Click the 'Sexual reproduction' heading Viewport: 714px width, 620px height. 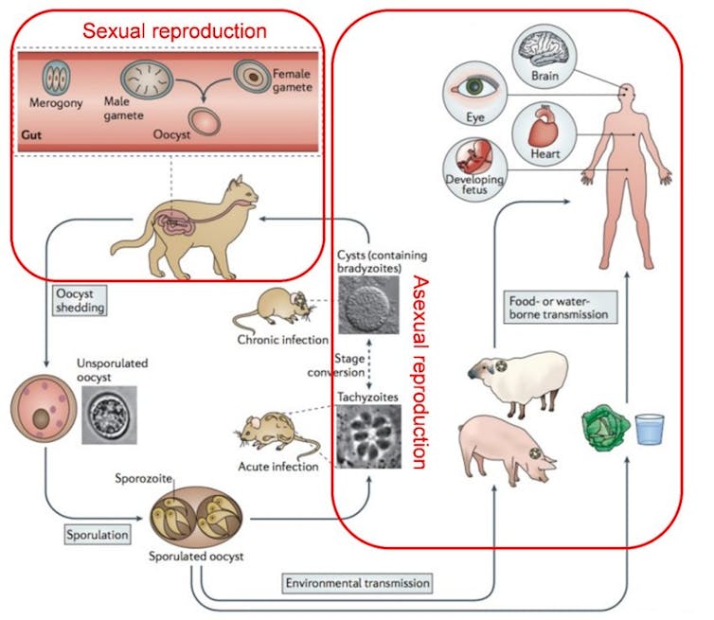tap(174, 29)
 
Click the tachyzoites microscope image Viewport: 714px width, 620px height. tap(369, 438)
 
